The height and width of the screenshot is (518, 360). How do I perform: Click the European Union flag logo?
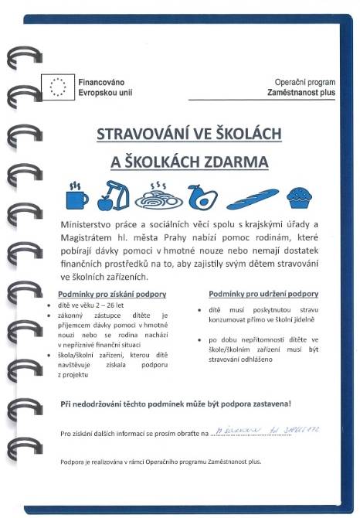(x=59, y=86)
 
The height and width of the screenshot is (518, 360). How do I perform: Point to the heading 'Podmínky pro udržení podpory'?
(x=263, y=294)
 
